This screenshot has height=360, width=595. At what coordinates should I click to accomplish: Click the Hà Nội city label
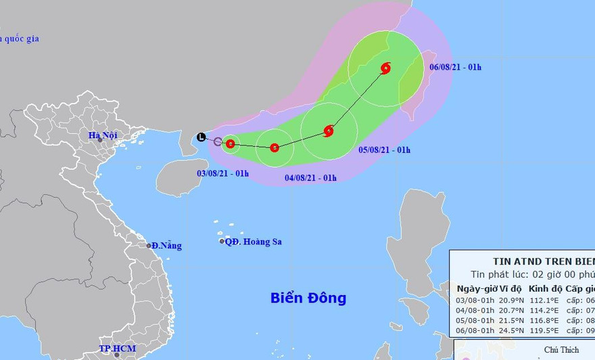click(x=103, y=135)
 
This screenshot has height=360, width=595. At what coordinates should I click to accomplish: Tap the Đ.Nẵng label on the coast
click(x=166, y=246)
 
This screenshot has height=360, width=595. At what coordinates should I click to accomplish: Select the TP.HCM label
click(x=117, y=349)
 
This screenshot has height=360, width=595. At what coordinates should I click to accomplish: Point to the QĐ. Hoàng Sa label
click(x=253, y=242)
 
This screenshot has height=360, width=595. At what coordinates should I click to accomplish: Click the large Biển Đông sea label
click(x=308, y=298)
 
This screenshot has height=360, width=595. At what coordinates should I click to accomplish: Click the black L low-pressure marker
click(x=201, y=137)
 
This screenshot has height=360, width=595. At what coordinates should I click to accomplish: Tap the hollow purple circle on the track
click(x=218, y=141)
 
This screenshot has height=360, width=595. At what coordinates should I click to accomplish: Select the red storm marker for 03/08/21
click(x=231, y=143)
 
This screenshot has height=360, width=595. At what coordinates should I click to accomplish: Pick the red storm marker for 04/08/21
click(x=275, y=148)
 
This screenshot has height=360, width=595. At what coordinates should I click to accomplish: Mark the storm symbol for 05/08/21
click(x=329, y=131)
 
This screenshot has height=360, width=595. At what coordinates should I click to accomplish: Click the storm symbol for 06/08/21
click(x=385, y=68)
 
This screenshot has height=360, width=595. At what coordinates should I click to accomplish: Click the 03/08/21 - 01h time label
click(x=222, y=174)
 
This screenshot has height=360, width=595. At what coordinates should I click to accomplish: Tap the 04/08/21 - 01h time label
click(x=310, y=178)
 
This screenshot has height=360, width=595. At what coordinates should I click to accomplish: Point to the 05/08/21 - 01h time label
click(x=384, y=150)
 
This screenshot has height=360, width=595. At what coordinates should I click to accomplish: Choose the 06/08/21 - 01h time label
click(x=456, y=67)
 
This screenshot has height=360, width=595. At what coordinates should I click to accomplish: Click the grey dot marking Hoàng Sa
click(x=222, y=242)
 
